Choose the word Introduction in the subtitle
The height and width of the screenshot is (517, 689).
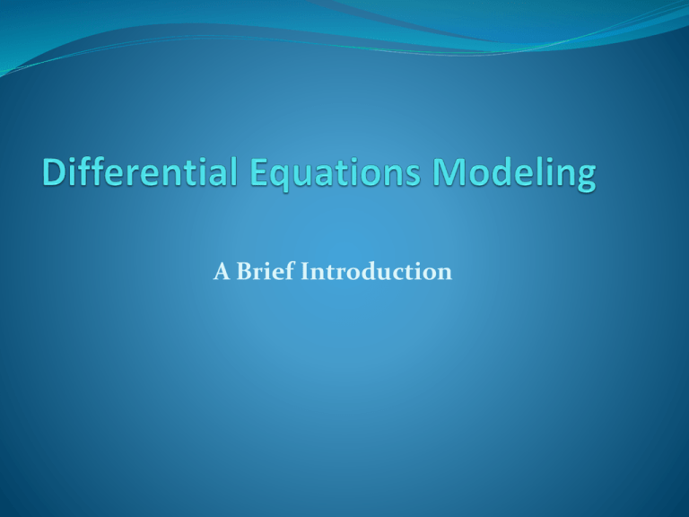coord(381,272)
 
